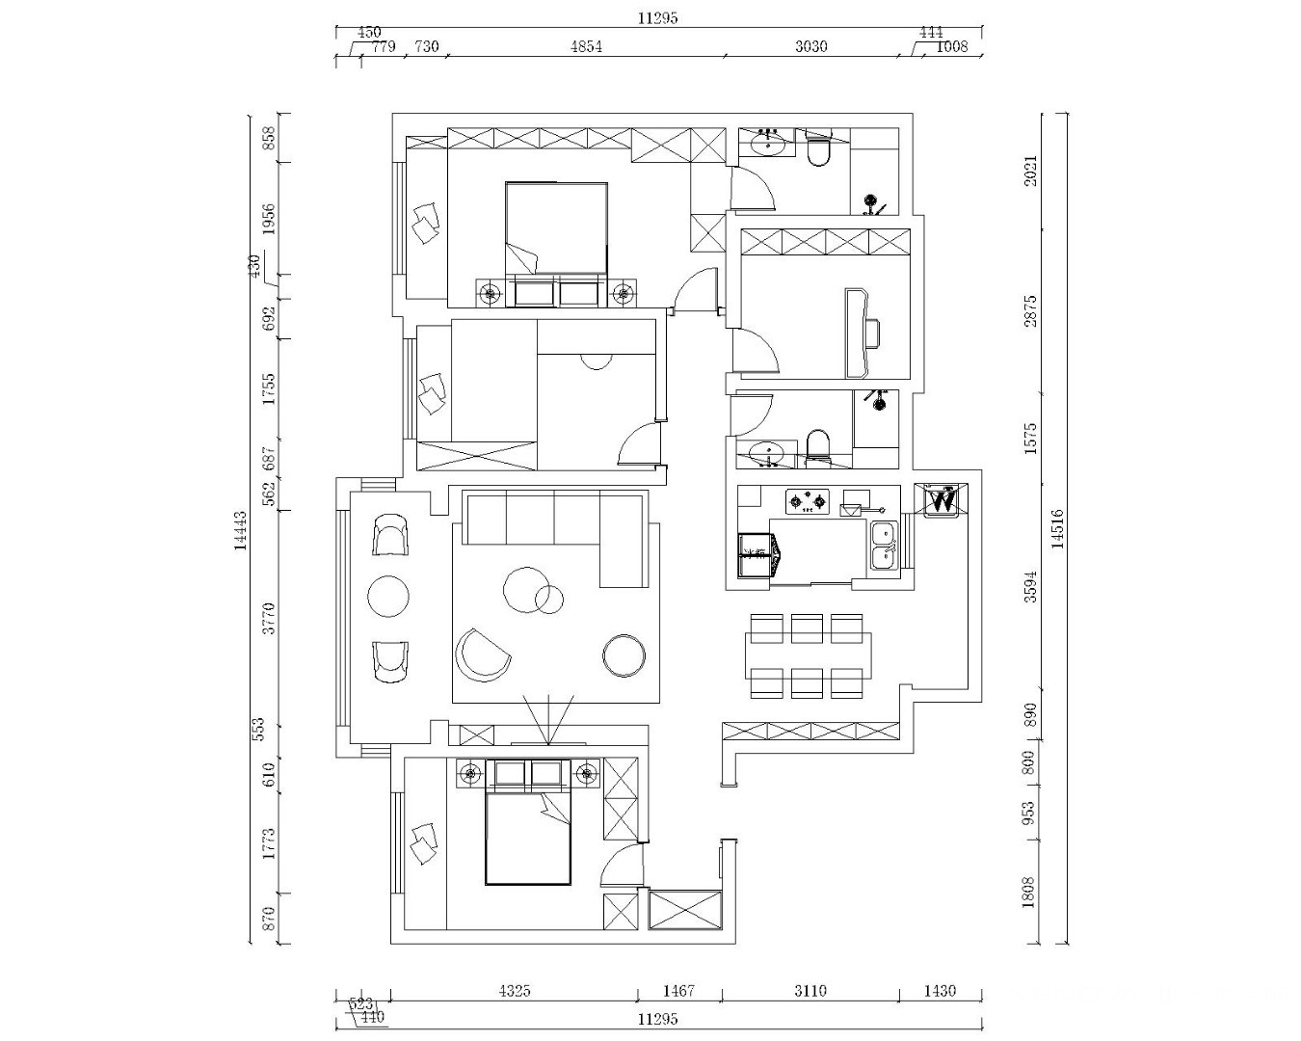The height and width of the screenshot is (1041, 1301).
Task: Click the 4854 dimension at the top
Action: (x=586, y=46)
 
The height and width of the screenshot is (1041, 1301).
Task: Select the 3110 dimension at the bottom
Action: (x=810, y=990)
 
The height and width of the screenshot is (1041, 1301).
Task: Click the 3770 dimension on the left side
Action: (x=270, y=618)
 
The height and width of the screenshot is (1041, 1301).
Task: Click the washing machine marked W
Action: (x=942, y=500)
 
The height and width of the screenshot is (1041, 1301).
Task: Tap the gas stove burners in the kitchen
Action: (x=807, y=500)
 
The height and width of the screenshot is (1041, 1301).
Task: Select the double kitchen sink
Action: (x=884, y=545)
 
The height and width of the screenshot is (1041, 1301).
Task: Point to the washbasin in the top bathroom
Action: (x=768, y=146)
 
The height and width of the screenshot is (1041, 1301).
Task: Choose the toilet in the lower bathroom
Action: (x=817, y=444)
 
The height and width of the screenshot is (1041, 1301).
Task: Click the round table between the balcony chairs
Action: (x=389, y=597)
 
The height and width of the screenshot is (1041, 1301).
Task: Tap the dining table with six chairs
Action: (x=808, y=655)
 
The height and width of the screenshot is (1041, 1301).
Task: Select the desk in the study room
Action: (x=856, y=333)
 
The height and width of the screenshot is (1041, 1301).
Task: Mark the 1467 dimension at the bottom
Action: (x=678, y=990)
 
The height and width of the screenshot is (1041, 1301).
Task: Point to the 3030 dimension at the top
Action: (x=811, y=46)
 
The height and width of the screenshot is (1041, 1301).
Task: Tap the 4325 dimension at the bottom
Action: (x=515, y=990)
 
